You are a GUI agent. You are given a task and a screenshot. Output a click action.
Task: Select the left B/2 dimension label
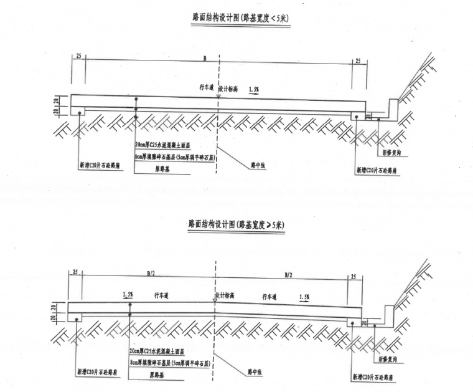coord(150,272)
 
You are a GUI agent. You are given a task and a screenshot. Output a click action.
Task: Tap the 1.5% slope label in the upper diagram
coord(253,90)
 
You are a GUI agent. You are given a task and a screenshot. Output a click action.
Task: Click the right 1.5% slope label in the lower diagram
coord(304,297)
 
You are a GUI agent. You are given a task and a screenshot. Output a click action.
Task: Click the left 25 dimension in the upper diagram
coord(79,57)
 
